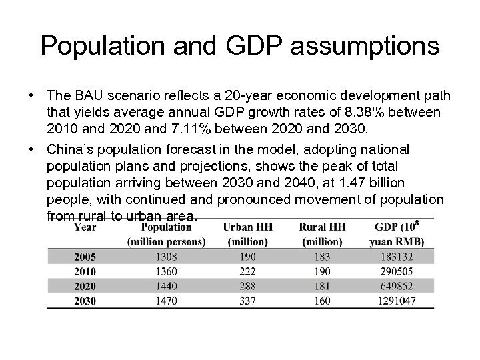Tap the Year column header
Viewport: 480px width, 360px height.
click(x=85, y=227)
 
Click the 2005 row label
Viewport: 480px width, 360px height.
click(x=85, y=257)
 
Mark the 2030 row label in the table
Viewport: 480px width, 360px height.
click(x=85, y=301)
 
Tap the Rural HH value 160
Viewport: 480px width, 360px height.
click(x=322, y=301)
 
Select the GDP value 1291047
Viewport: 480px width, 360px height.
click(x=399, y=301)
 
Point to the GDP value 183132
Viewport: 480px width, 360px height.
click(x=399, y=257)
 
